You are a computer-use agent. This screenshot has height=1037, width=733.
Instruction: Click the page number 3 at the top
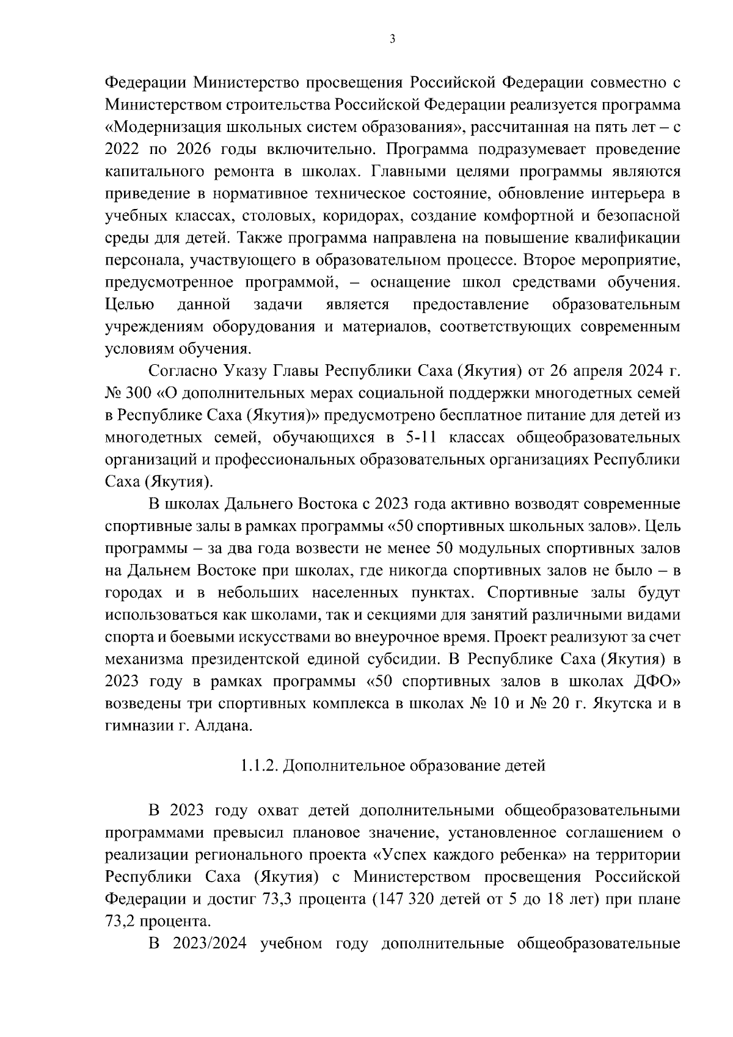coord(392,39)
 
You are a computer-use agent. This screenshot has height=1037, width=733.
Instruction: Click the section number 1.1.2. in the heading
coord(259,765)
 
